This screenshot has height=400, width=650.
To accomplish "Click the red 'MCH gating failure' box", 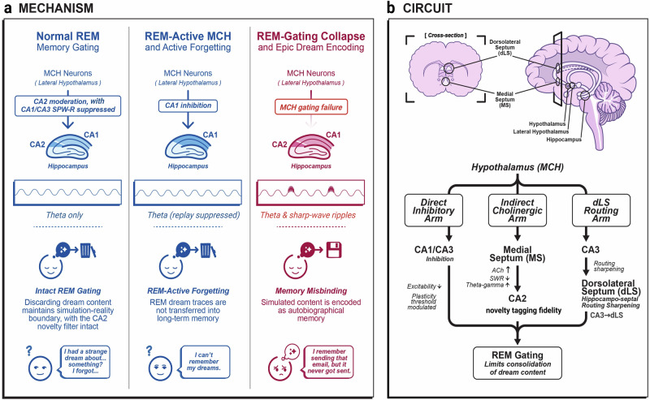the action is tap(311, 107).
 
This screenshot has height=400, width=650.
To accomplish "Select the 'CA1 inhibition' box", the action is tap(188, 105).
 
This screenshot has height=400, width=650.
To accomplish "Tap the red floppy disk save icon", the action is tap(334, 250).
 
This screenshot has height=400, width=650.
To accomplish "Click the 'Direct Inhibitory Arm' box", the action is tap(433, 210).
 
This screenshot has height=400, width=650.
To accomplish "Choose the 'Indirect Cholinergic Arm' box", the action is tap(517, 210).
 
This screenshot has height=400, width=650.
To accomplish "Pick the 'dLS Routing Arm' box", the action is tap(601, 210).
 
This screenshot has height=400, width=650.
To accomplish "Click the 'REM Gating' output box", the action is tap(518, 363).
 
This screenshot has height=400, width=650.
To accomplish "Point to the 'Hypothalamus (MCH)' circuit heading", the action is tap(518, 167).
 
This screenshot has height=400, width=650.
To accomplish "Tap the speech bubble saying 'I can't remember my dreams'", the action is tap(204, 362).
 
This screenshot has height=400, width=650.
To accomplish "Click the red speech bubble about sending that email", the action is tap(329, 362).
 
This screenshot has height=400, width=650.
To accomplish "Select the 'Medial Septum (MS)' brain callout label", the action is tap(505, 99).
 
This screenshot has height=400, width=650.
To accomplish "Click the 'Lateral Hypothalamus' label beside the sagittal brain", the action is tap(540, 131).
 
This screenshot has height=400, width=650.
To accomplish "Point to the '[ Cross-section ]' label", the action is tap(445, 36).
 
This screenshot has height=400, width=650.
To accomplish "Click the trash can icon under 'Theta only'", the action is tap(86, 250).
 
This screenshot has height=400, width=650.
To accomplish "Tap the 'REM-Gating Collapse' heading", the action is tap(311, 36).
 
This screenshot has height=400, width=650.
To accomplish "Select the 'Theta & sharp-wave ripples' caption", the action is tap(308, 215).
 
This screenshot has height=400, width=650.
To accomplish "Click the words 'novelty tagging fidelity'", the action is tap(523, 310).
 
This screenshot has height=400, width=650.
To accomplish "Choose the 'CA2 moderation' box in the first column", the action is tap(68, 105).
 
